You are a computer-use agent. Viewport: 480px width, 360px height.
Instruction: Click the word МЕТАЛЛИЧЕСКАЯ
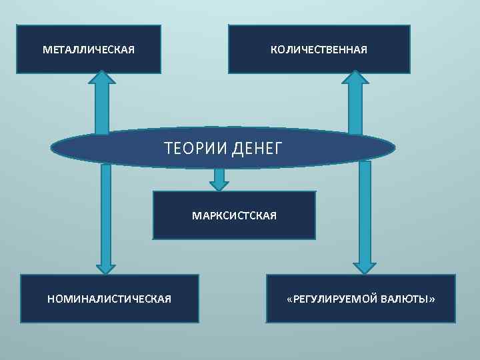89,50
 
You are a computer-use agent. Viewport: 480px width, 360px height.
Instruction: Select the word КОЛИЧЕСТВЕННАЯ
319,50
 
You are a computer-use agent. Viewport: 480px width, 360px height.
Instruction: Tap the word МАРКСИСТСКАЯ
234,216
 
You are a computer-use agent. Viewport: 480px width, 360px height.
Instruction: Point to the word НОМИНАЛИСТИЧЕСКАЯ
109,299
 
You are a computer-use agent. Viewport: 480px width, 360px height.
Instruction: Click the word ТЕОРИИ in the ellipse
197,147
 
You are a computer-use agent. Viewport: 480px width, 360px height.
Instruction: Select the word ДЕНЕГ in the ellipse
258,147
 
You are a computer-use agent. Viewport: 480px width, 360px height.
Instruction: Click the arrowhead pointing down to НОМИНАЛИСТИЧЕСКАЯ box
105,267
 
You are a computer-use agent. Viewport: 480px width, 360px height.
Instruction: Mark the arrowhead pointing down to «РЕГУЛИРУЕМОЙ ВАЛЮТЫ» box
365,267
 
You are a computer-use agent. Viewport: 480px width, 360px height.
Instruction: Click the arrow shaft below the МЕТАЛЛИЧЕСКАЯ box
102,107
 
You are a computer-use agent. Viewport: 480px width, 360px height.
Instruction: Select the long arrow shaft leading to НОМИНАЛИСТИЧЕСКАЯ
105,213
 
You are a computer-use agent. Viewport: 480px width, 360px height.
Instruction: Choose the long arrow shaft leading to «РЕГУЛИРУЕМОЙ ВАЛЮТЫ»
365,213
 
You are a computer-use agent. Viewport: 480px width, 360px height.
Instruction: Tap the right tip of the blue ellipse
393,148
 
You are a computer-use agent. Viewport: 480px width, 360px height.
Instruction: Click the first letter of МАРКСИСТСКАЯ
195,216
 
